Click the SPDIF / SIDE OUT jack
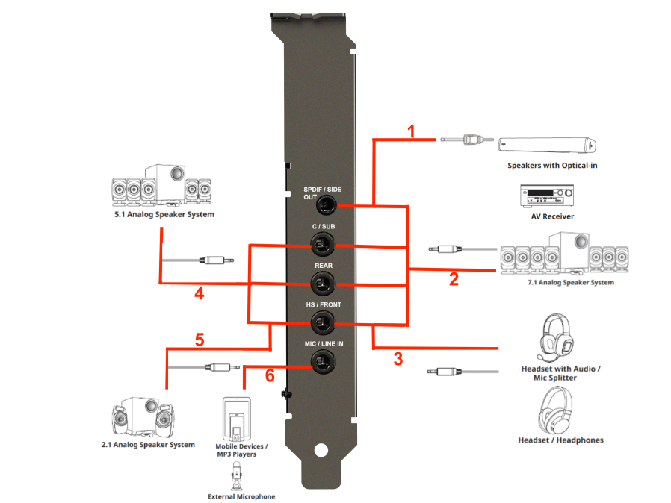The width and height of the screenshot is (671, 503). (x=326, y=206)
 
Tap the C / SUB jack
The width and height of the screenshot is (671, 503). (x=323, y=246)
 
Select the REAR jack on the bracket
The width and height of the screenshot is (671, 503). (x=323, y=284)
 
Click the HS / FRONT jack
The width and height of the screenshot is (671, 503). (x=323, y=323)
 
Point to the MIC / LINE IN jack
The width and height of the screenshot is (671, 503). (x=323, y=361)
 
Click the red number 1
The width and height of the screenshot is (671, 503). (x=411, y=131)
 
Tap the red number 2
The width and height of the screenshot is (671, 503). (x=454, y=279)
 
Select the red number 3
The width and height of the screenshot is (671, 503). (x=398, y=359)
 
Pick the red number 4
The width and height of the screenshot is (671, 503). (x=200, y=293)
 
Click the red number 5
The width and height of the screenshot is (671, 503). (x=200, y=340)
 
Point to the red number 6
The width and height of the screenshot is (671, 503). (x=270, y=375)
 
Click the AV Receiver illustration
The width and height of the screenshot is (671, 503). (x=547, y=196)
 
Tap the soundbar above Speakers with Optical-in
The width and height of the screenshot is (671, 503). (x=547, y=146)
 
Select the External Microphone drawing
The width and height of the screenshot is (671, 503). (x=236, y=476)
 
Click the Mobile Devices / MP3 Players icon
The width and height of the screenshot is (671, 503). (x=237, y=419)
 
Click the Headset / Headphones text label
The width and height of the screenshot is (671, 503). (x=560, y=440)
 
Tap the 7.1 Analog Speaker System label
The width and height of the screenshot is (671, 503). (x=571, y=283)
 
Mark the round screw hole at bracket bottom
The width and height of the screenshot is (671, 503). (x=321, y=450)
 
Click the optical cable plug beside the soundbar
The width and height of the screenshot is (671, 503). (x=467, y=140)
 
